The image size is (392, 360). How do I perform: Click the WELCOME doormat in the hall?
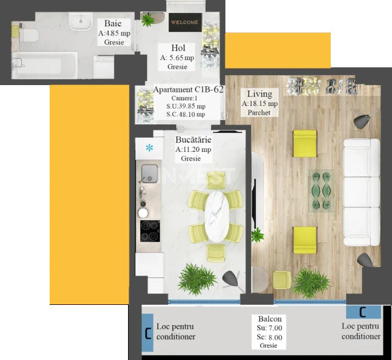[x=184, y=22]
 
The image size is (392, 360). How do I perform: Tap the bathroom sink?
[x=80, y=22]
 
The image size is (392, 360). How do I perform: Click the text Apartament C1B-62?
[x=188, y=89]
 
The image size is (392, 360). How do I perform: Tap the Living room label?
[x=259, y=94]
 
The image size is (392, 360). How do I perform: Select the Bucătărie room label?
[x=193, y=140]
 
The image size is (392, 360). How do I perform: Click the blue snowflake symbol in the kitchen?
[x=149, y=147]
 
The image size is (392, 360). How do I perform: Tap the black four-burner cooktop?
[x=149, y=231]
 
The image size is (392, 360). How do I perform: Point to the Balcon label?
[x=269, y=320]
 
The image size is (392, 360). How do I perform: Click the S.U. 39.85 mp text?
[x=186, y=106]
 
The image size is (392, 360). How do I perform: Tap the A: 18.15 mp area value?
[x=260, y=103]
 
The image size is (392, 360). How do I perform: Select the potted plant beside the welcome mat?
[x=148, y=20]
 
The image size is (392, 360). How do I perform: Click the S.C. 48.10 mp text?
[x=186, y=114]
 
